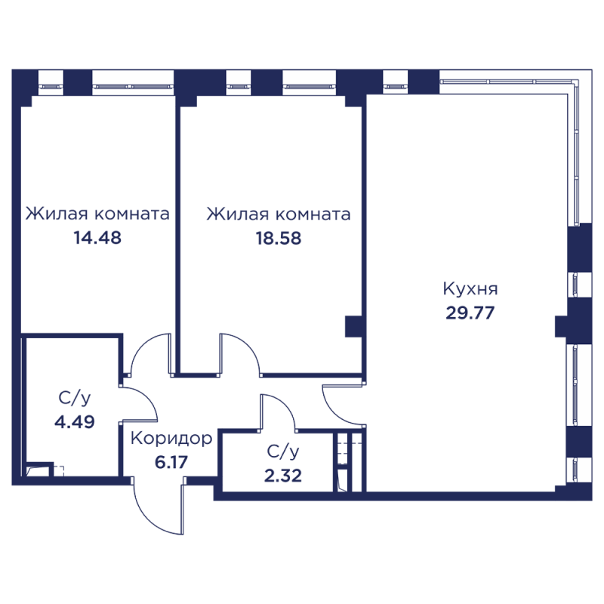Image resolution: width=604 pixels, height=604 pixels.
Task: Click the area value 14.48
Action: click(97, 239)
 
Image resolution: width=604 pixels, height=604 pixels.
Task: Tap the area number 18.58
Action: click(278, 239)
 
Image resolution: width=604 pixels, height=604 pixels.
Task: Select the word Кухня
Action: click(470, 289)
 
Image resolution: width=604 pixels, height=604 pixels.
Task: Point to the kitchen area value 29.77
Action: click(470, 313)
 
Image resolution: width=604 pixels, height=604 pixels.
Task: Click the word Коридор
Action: click(171, 438)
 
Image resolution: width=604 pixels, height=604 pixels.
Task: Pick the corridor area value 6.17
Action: click(171, 461)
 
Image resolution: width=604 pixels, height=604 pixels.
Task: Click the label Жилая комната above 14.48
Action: click(97, 214)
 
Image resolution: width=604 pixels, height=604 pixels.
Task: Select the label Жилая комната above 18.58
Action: click(278, 214)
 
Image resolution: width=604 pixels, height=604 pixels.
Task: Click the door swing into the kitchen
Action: click(340, 404)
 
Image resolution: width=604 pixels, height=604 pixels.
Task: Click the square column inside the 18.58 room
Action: click(353, 326)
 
